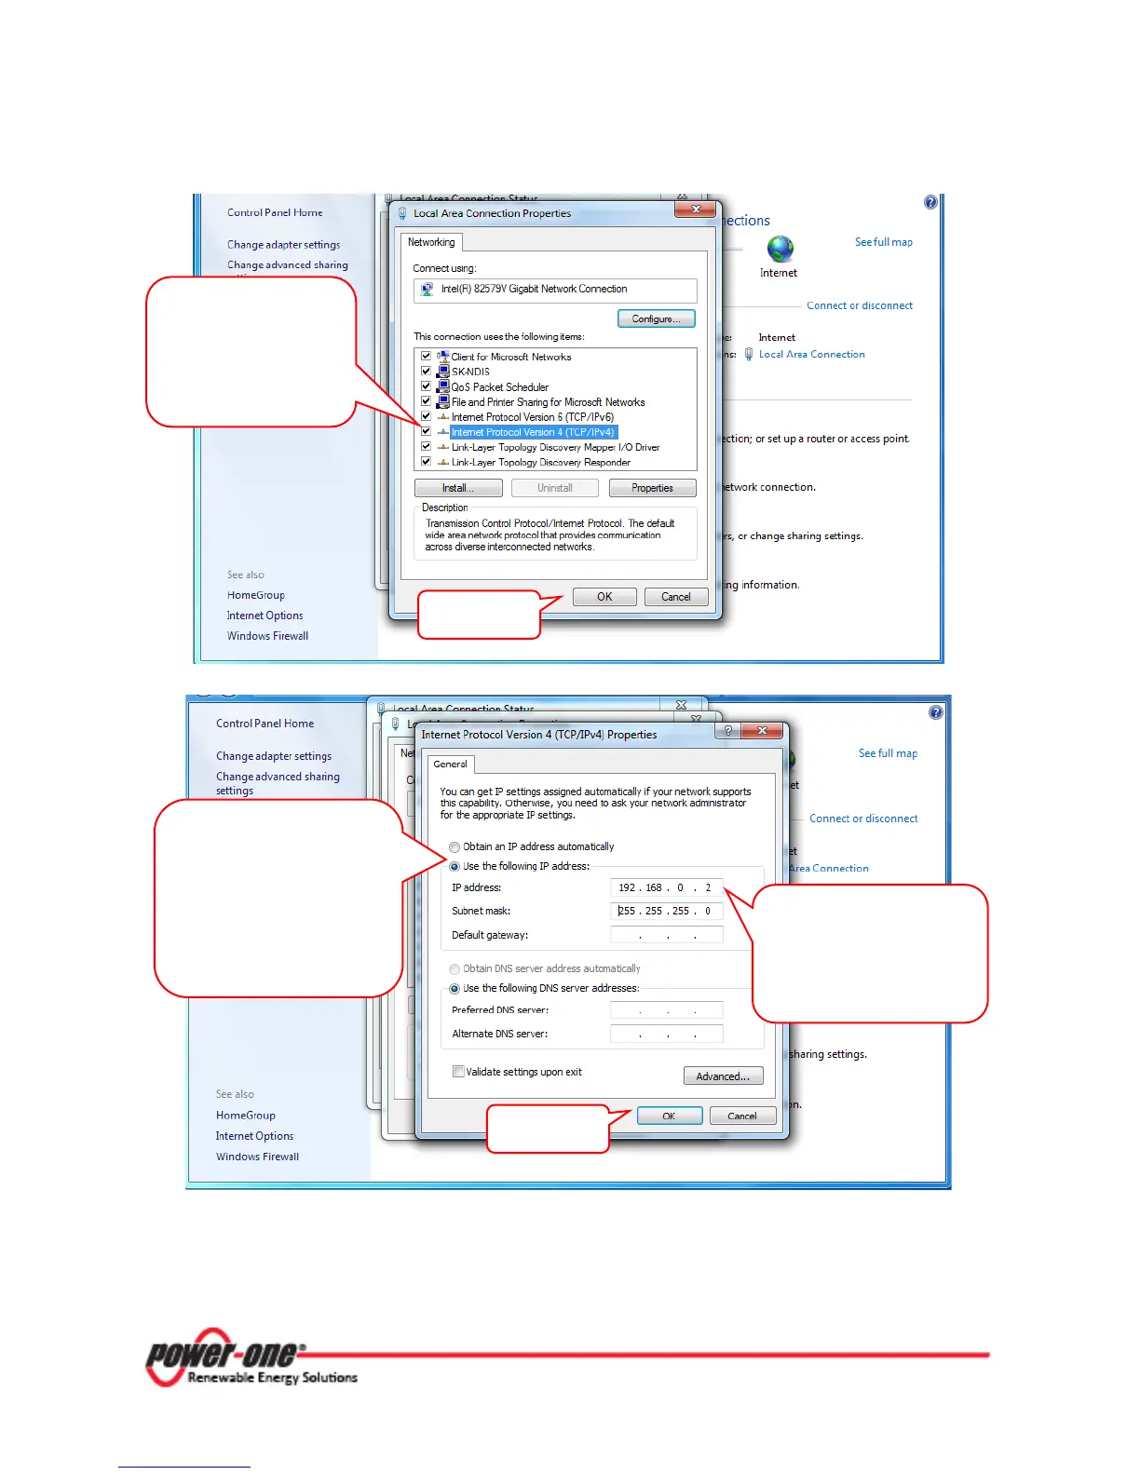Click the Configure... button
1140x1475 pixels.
coord(656,318)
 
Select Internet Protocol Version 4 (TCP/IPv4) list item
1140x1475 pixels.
coord(533,432)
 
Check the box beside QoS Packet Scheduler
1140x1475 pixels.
coord(426,386)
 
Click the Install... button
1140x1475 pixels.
coord(458,488)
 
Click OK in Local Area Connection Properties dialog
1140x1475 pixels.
coord(604,597)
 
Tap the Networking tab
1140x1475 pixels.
coord(431,242)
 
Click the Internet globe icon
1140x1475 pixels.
coord(780,249)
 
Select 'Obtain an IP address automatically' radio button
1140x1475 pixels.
coord(455,847)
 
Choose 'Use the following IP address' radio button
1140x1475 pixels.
coord(455,867)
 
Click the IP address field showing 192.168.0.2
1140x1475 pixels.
coord(666,887)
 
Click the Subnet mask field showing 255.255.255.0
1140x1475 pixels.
coord(666,911)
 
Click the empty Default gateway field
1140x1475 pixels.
coord(666,935)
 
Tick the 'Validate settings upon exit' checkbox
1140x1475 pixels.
coord(458,1072)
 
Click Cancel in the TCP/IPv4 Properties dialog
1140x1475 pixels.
coord(742,1116)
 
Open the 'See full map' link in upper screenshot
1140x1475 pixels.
coord(883,242)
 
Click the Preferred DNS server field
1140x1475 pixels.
coord(666,1010)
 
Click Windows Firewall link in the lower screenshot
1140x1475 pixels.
coord(257,1157)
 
